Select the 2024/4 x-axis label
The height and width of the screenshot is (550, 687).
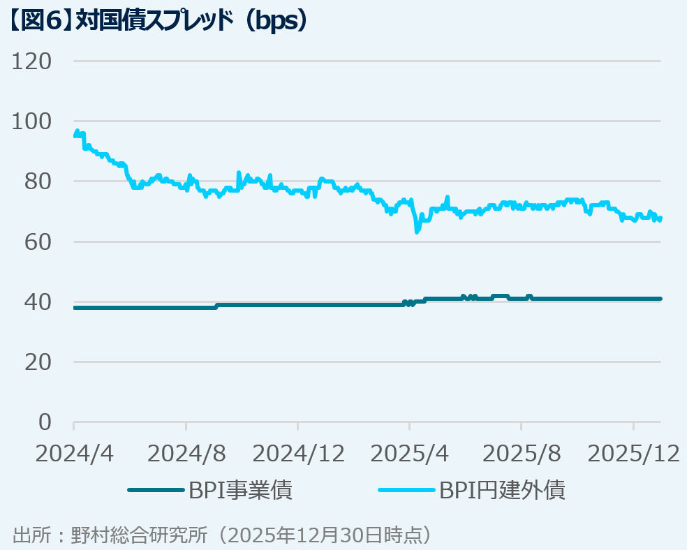74,454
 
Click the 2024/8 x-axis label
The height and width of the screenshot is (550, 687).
186,454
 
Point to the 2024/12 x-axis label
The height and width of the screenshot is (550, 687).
298,454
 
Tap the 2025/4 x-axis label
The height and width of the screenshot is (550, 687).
410,454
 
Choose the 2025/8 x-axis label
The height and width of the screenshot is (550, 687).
522,454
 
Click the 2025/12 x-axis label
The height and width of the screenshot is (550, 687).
634,454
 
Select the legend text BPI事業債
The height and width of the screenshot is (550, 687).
240,490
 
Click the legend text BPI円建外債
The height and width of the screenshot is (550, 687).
502,490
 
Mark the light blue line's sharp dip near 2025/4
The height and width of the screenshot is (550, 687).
417,231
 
